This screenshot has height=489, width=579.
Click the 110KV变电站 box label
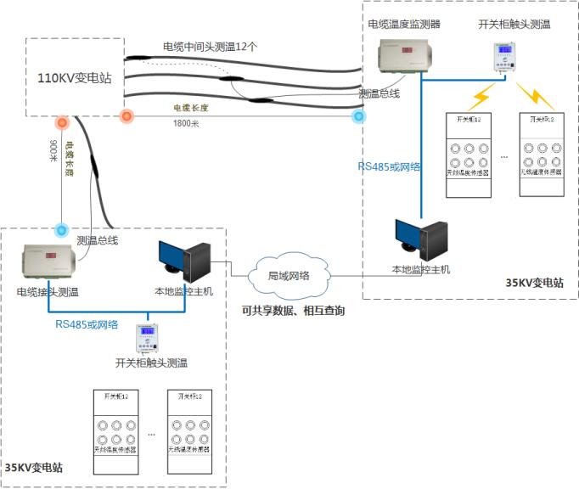pos(75,78)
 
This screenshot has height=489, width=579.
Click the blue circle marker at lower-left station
pos(61,230)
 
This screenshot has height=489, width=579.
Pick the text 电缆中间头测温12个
pos(210,45)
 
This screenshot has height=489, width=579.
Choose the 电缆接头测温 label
pos(48,292)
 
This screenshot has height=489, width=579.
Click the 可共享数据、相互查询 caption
pos(293,311)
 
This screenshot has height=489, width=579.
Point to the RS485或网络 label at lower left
pos(87,324)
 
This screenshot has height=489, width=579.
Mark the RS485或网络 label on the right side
pos(389,166)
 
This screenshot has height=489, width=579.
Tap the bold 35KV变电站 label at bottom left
pos(34,468)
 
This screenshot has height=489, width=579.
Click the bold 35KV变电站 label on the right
pos(535,284)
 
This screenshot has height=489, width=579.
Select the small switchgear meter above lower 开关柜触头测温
pos(148,340)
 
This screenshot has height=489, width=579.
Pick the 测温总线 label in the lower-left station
pos(97,241)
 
